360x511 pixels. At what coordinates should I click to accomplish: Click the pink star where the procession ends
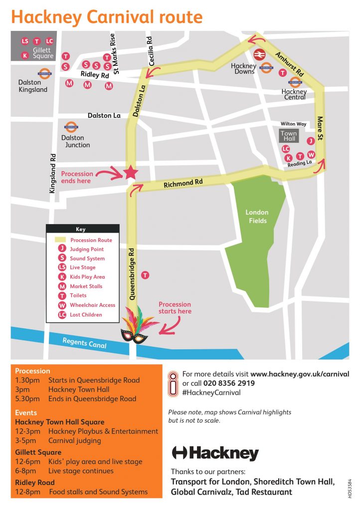131,172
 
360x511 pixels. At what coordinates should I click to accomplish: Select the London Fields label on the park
257,217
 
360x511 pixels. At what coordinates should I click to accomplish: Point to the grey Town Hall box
288,136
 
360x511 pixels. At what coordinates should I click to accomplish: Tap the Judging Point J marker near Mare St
311,141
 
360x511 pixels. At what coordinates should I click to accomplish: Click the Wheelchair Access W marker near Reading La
311,155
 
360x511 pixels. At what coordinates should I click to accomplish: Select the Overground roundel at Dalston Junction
71,127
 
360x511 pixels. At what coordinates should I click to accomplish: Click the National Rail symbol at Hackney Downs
259,54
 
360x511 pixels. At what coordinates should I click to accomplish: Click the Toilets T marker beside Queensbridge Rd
145,275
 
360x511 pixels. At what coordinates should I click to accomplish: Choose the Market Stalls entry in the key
86,286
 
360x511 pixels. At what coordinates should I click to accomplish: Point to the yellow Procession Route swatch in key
61,240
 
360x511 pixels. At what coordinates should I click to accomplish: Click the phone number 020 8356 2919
229,383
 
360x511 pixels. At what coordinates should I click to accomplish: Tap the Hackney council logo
215,453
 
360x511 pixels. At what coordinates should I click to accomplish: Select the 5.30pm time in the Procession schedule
25,398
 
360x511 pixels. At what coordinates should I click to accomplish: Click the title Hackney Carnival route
107,17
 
